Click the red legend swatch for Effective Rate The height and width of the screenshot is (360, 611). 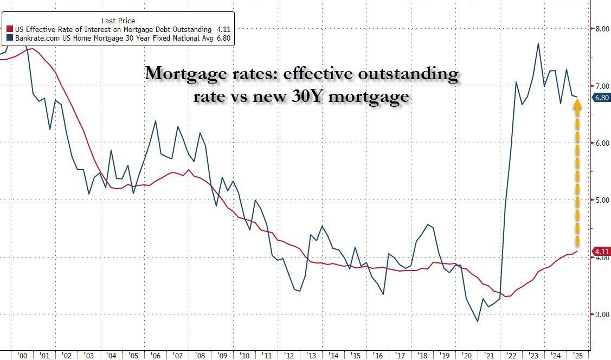click(x=9, y=29)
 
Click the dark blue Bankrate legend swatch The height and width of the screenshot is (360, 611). click(x=9, y=38)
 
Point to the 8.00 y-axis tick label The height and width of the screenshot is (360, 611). click(x=601, y=29)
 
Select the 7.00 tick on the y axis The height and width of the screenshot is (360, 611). click(x=601, y=86)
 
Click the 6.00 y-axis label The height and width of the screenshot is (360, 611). click(x=601, y=143)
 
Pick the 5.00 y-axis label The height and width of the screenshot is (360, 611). click(x=601, y=200)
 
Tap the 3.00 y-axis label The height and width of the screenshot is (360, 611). click(x=601, y=314)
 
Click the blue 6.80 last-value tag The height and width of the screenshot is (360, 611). click(x=602, y=98)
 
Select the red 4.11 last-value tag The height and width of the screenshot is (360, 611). click(x=602, y=251)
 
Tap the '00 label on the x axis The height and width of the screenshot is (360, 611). click(x=22, y=356)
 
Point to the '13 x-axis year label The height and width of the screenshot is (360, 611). click(x=311, y=356)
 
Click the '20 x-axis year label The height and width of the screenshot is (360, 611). click(x=466, y=356)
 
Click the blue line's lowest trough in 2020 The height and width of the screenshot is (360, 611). click(x=478, y=322)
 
